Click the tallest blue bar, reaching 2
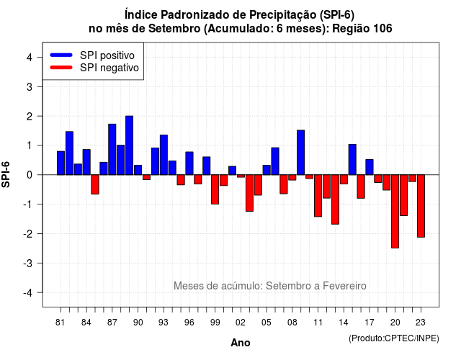[x=130, y=145]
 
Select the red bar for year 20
[x=395, y=211]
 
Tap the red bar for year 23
[x=421, y=206]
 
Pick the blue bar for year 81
[x=61, y=163]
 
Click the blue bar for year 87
[x=112, y=149]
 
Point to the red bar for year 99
[x=215, y=189]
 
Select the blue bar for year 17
[x=370, y=167]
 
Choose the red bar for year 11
[x=318, y=196]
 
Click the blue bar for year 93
[x=164, y=155]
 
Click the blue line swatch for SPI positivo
[x=61, y=55]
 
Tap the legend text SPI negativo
[x=109, y=68]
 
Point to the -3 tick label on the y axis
[x=28, y=264]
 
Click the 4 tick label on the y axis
[x=30, y=58]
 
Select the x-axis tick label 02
[x=240, y=323]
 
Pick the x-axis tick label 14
[x=343, y=323]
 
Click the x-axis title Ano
[x=241, y=343]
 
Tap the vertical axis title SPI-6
[x=6, y=174]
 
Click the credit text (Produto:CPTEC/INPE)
[x=394, y=338]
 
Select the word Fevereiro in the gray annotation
[x=344, y=286]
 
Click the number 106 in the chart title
[x=382, y=29]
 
